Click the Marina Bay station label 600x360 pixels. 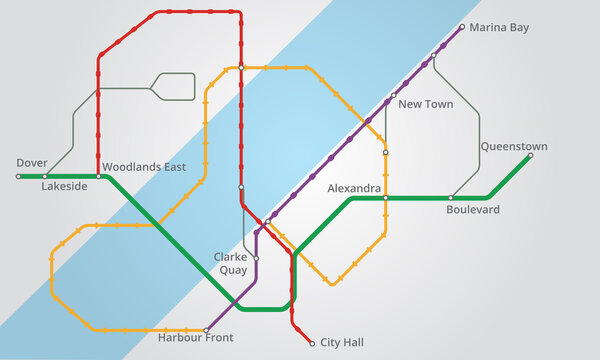point(499,28)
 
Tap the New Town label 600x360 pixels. point(425,104)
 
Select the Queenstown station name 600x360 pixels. point(514,145)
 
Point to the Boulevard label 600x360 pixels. point(473,210)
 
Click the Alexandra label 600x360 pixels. point(354,188)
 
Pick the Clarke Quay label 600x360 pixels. point(231,263)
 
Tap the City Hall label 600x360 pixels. point(342,343)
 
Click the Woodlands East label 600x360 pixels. point(144,167)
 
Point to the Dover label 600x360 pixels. point(32,162)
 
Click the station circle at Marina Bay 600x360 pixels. point(462,27)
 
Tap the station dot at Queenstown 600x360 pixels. point(530,155)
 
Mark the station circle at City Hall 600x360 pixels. point(312,343)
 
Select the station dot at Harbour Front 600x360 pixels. point(206,330)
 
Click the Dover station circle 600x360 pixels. point(18,176)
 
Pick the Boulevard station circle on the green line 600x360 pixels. point(451,198)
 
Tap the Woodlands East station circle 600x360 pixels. point(98,176)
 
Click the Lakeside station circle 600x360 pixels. point(45,176)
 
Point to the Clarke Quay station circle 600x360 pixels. point(256,258)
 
